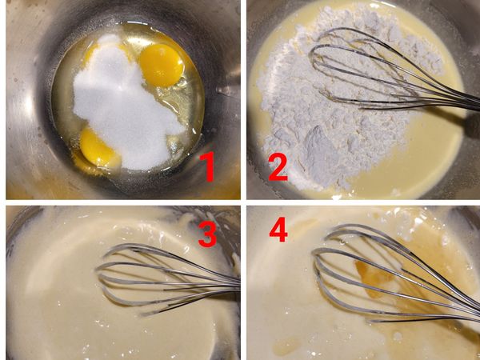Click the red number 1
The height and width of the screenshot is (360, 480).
click(207, 167)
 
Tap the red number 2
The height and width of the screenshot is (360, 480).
click(278, 167)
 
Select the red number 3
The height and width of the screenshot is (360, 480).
click(207, 234)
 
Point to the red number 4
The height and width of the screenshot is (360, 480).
click(278, 230)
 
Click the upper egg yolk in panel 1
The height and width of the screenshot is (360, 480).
click(162, 65)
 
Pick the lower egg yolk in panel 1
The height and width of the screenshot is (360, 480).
click(98, 148)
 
